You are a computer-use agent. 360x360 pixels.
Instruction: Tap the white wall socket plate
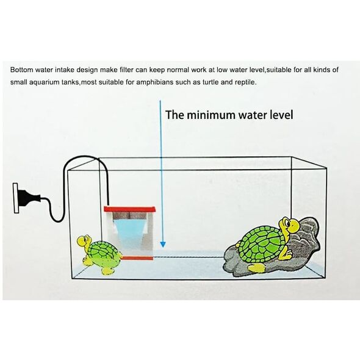(x=15, y=198)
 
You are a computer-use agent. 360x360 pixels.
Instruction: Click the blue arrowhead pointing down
(x=163, y=244)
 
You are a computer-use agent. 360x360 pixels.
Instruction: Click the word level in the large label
(x=281, y=115)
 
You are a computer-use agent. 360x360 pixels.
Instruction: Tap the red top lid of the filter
(x=130, y=209)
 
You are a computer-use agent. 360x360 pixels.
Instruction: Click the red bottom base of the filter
(x=137, y=258)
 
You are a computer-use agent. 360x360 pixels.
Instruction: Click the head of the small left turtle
(x=84, y=241)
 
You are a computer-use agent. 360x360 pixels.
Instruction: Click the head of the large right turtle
(x=289, y=225)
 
